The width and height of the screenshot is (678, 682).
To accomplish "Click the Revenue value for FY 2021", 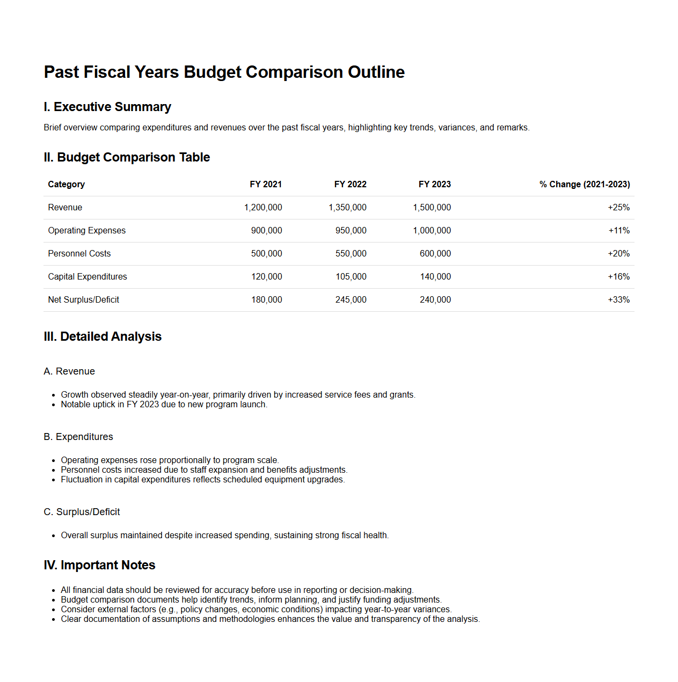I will (263, 208).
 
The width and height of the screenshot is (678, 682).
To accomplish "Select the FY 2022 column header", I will (350, 185).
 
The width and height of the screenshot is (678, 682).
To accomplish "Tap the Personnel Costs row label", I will (79, 254).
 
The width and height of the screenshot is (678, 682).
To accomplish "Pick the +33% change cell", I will (618, 300).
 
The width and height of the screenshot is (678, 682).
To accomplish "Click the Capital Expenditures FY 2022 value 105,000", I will (351, 277).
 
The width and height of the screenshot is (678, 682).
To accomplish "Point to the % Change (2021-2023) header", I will (585, 185).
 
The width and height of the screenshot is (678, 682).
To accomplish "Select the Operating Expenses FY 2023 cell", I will (432, 231).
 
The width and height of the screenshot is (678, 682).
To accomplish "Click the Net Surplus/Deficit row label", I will (84, 300).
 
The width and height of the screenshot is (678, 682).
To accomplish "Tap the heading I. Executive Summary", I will (107, 107).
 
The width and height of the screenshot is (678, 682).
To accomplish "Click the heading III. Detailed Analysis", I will (103, 336).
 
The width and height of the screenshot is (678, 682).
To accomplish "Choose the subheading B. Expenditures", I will (78, 437).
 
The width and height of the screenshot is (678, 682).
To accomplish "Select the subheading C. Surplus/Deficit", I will (82, 512).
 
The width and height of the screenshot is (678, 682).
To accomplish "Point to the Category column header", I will (67, 185).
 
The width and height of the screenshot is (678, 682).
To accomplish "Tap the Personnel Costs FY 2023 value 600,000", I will (435, 254).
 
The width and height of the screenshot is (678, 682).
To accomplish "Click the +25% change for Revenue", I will (618, 208).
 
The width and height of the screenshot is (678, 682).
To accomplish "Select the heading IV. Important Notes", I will (99, 565).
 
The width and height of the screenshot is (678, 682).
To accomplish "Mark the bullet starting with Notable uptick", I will (164, 405).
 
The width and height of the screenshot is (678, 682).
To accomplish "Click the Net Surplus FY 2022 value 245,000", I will (351, 300).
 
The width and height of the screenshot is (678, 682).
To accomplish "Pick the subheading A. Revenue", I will (69, 371).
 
